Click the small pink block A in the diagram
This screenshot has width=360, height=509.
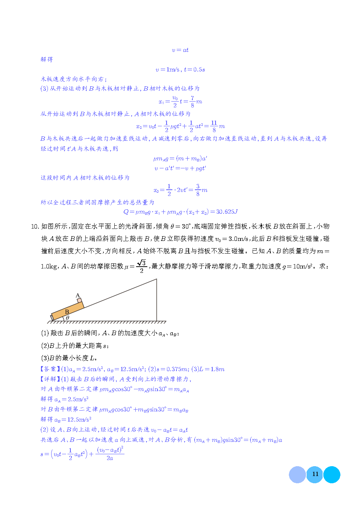point(79,301)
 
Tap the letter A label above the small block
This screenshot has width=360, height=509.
point(77,296)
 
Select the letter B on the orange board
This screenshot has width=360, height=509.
point(67,312)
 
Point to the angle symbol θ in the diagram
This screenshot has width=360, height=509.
point(67,318)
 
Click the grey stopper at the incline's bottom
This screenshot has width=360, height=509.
point(52,318)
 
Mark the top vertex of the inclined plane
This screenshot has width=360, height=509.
point(156,279)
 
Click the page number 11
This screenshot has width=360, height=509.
point(315,474)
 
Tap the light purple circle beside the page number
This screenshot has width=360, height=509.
point(297,475)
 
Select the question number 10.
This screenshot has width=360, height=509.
point(35,226)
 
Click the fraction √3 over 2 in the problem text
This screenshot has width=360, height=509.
point(142,266)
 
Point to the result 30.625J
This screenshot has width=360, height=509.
point(227,212)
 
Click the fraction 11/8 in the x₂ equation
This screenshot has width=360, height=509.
point(214,126)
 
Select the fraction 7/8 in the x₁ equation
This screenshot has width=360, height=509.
point(192,102)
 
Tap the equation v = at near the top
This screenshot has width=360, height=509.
point(180,50)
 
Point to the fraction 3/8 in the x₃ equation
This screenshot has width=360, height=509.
point(198,190)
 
